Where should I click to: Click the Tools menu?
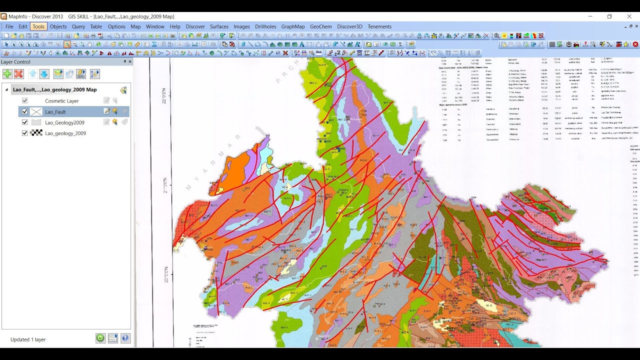38,26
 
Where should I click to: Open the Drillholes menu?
265,26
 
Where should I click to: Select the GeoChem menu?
320,26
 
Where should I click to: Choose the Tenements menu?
379,26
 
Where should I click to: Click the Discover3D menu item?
349,26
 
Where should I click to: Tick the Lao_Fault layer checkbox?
25,111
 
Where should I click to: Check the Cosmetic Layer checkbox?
25,100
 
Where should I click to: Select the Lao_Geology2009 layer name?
64,122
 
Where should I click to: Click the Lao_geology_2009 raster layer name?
65,133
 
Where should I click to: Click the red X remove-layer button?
19,74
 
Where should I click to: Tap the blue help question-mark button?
125,338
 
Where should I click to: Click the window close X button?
629,16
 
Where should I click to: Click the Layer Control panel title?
15,62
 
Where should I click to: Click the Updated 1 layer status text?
28,339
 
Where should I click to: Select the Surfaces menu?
219,26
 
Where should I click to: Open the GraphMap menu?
293,26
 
